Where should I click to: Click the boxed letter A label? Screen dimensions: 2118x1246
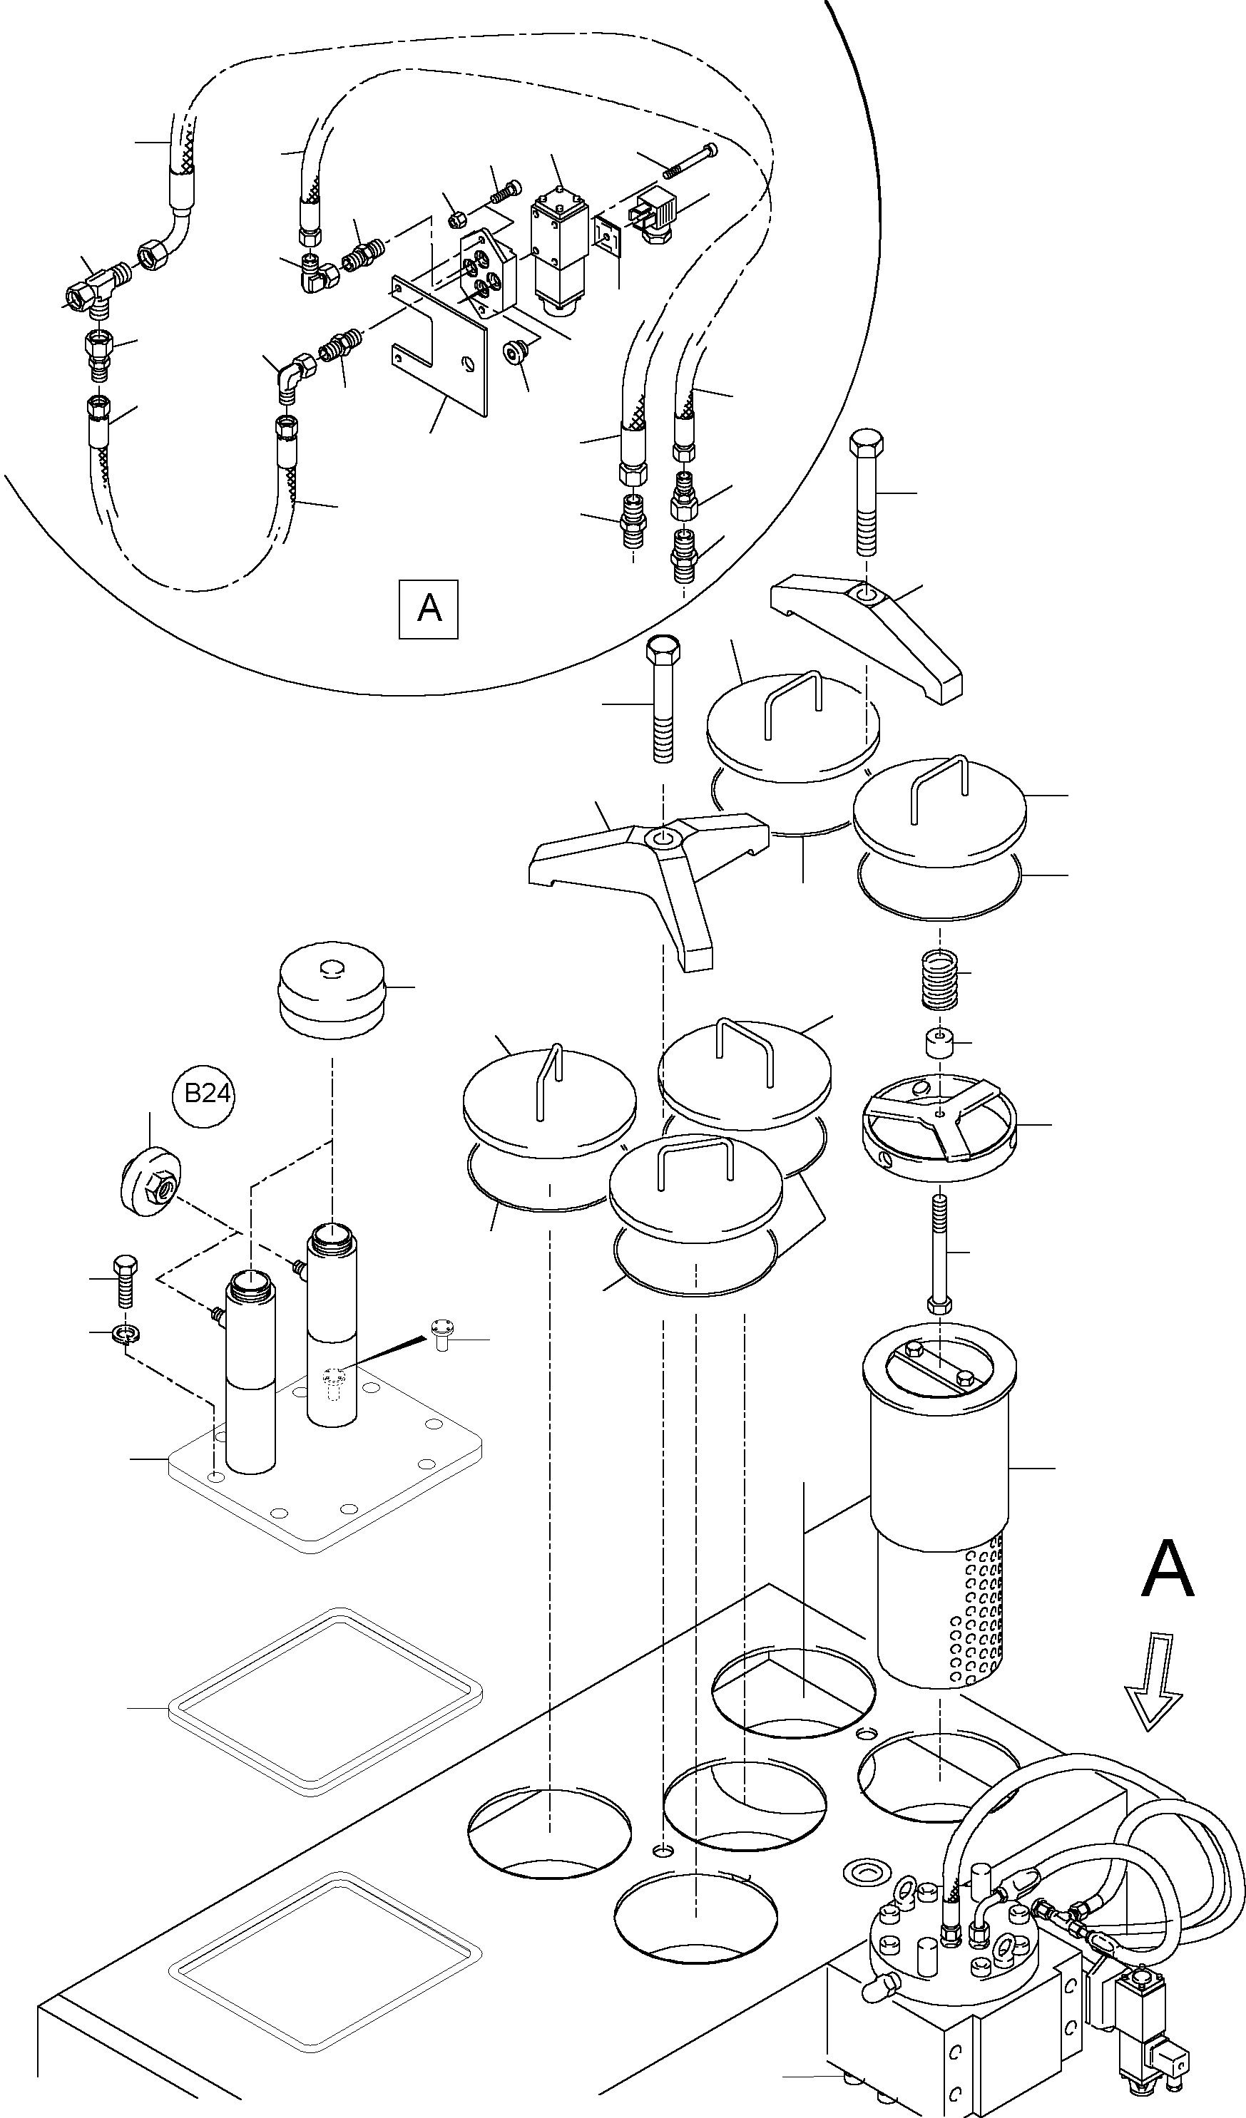point(428,609)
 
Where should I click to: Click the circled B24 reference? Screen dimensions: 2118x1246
point(207,1094)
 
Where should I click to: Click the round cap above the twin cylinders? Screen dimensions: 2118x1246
point(332,989)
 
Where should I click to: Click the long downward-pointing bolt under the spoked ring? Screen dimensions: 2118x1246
point(940,1253)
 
